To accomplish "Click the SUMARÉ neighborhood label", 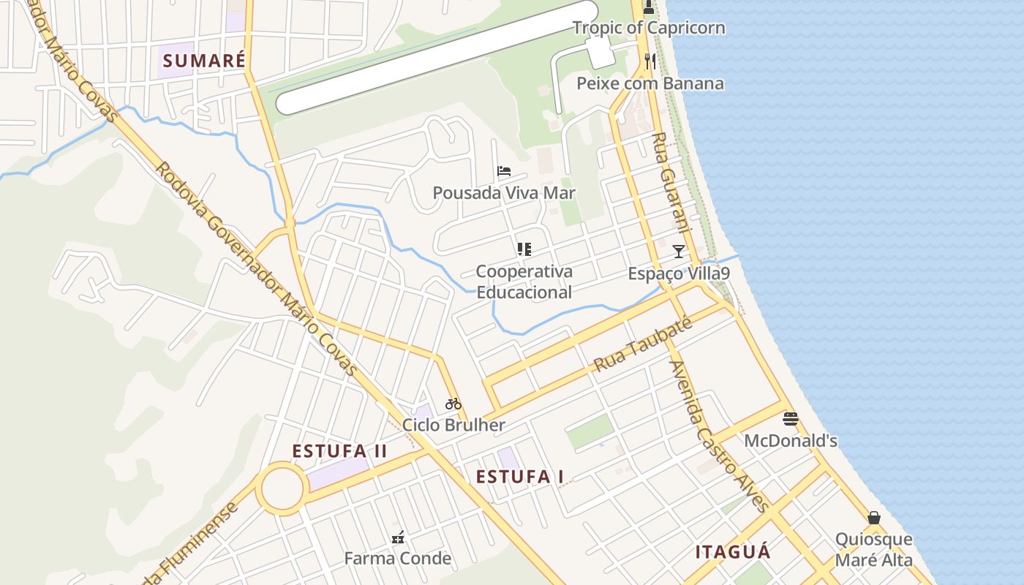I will [x=203, y=60].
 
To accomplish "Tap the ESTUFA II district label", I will [x=339, y=450].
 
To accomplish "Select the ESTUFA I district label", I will [x=519, y=477].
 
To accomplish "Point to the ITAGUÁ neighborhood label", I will [x=733, y=551].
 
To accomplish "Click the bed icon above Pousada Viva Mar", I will [x=503, y=172].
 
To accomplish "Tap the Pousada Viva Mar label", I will [x=504, y=193].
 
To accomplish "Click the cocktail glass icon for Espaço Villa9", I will [x=679, y=252].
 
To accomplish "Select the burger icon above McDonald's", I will [x=790, y=419].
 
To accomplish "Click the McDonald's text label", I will [x=791, y=441].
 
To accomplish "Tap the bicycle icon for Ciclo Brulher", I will [x=453, y=403].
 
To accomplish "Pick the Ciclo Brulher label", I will [x=453, y=425].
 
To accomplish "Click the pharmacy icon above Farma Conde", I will [x=398, y=537].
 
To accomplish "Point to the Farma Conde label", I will [x=398, y=559].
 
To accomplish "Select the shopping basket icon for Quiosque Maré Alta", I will [x=873, y=518].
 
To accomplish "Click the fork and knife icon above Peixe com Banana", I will [x=650, y=61].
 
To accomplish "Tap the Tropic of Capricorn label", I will [x=649, y=28].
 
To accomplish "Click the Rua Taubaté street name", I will [x=642, y=345].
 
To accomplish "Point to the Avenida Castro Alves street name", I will [x=720, y=437].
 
